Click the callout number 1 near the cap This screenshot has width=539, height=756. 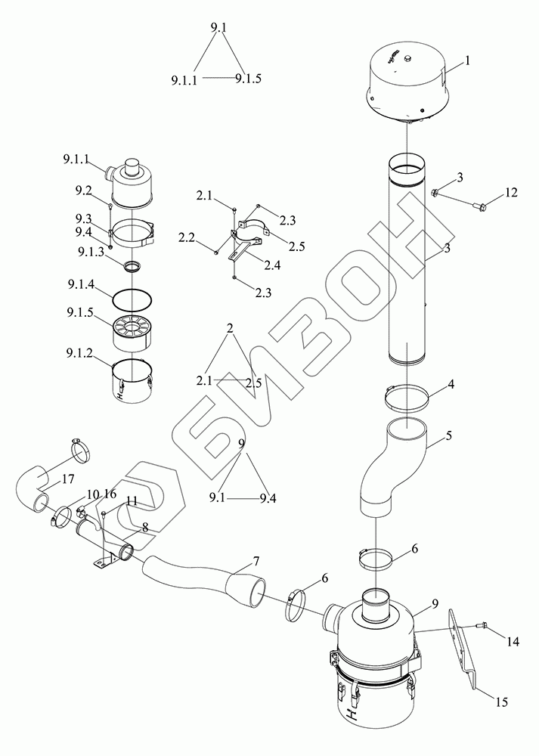[x=468, y=60]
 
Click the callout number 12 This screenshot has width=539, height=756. [x=511, y=193]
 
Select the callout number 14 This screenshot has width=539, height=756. [x=513, y=642]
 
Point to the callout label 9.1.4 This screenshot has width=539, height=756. [x=80, y=287]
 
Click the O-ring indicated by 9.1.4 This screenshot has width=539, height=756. [x=134, y=301]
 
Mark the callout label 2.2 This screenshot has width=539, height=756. [x=187, y=238]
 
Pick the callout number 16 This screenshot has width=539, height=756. [x=110, y=494]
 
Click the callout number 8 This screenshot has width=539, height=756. [x=145, y=528]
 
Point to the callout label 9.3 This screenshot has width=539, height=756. [x=82, y=218]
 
